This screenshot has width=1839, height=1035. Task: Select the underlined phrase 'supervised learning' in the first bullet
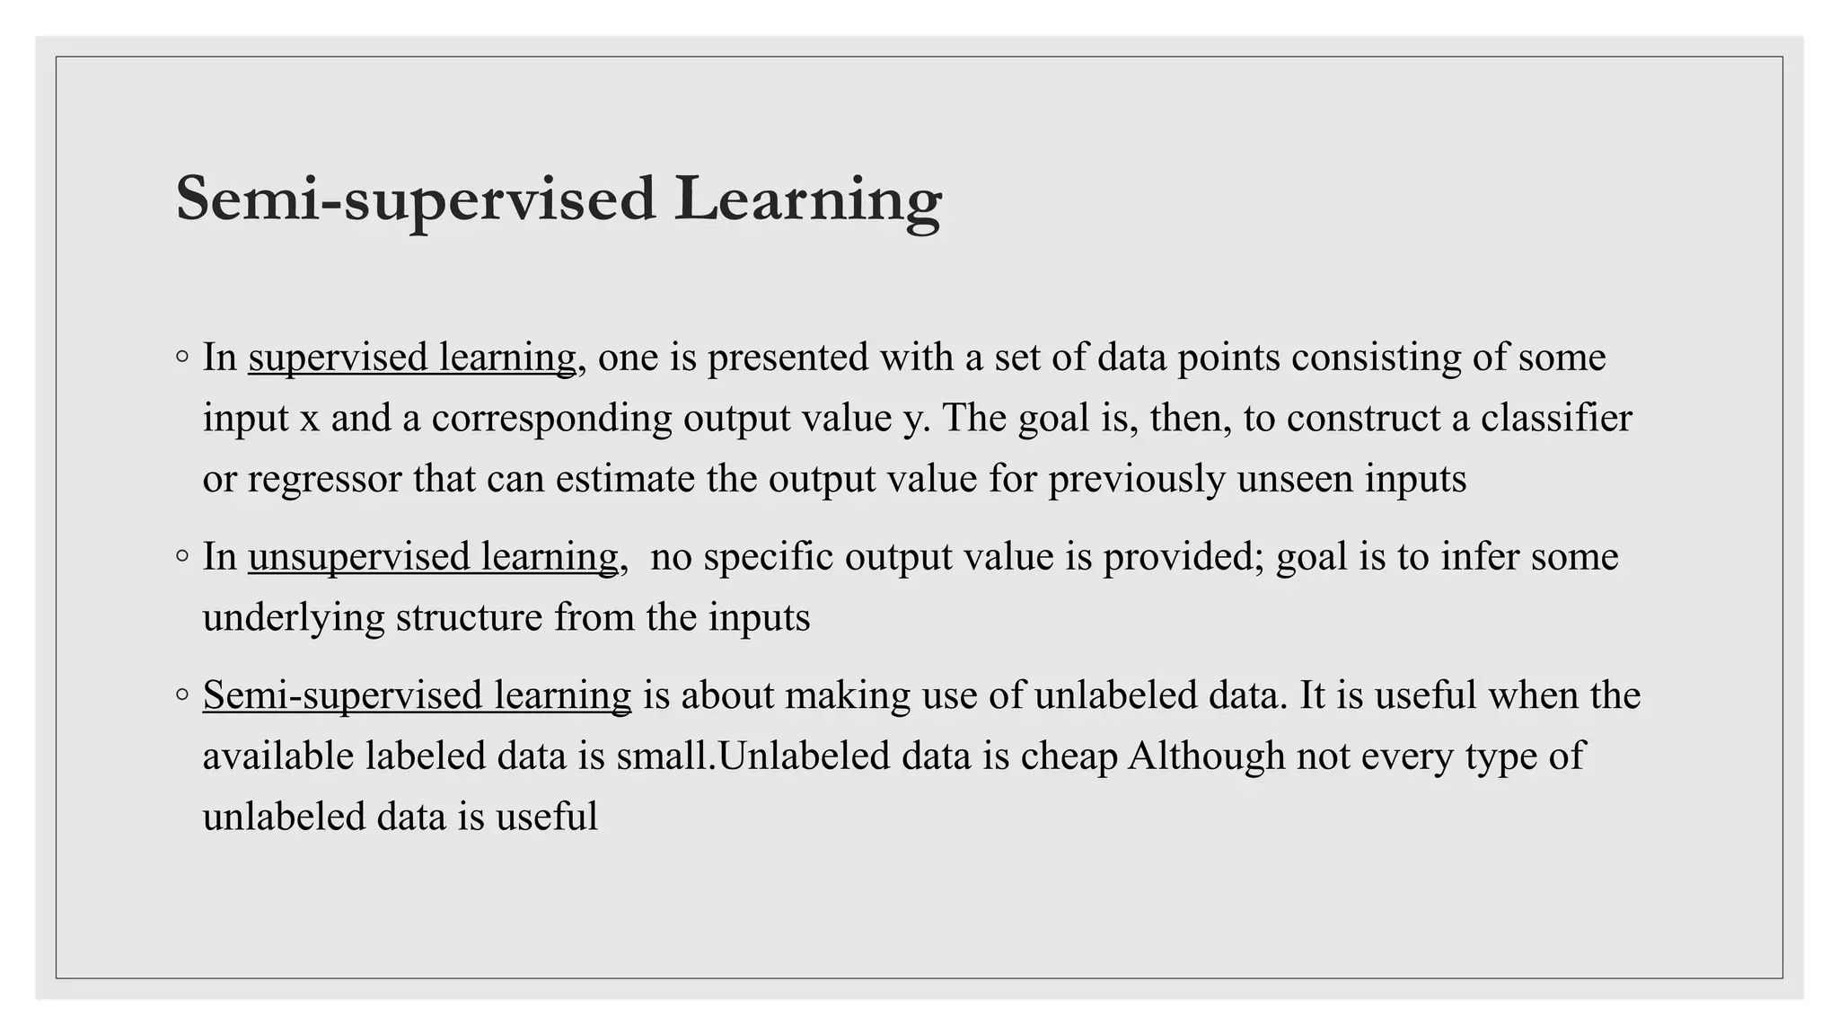[x=412, y=358]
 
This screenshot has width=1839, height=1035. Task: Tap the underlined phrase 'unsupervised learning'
[x=433, y=557]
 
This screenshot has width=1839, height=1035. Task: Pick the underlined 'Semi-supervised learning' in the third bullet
[x=417, y=696]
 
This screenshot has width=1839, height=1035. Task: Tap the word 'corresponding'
[x=551, y=419]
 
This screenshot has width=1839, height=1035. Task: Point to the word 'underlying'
[x=294, y=618]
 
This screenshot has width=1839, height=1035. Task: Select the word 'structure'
[x=469, y=618]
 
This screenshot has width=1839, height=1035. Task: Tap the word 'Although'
[x=1207, y=756]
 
